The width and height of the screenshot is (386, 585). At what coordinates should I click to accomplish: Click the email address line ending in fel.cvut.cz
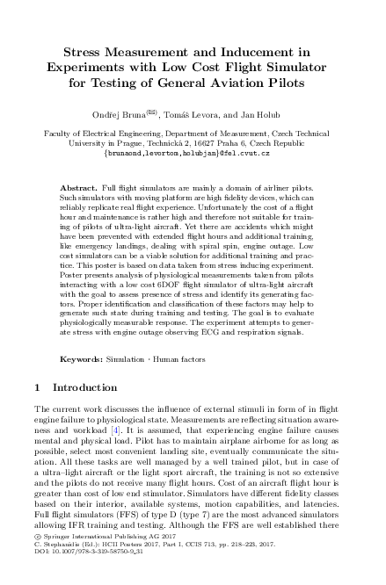pyautogui.click(x=193, y=152)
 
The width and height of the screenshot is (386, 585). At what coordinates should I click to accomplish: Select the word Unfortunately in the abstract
pyautogui.click(x=225, y=209)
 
